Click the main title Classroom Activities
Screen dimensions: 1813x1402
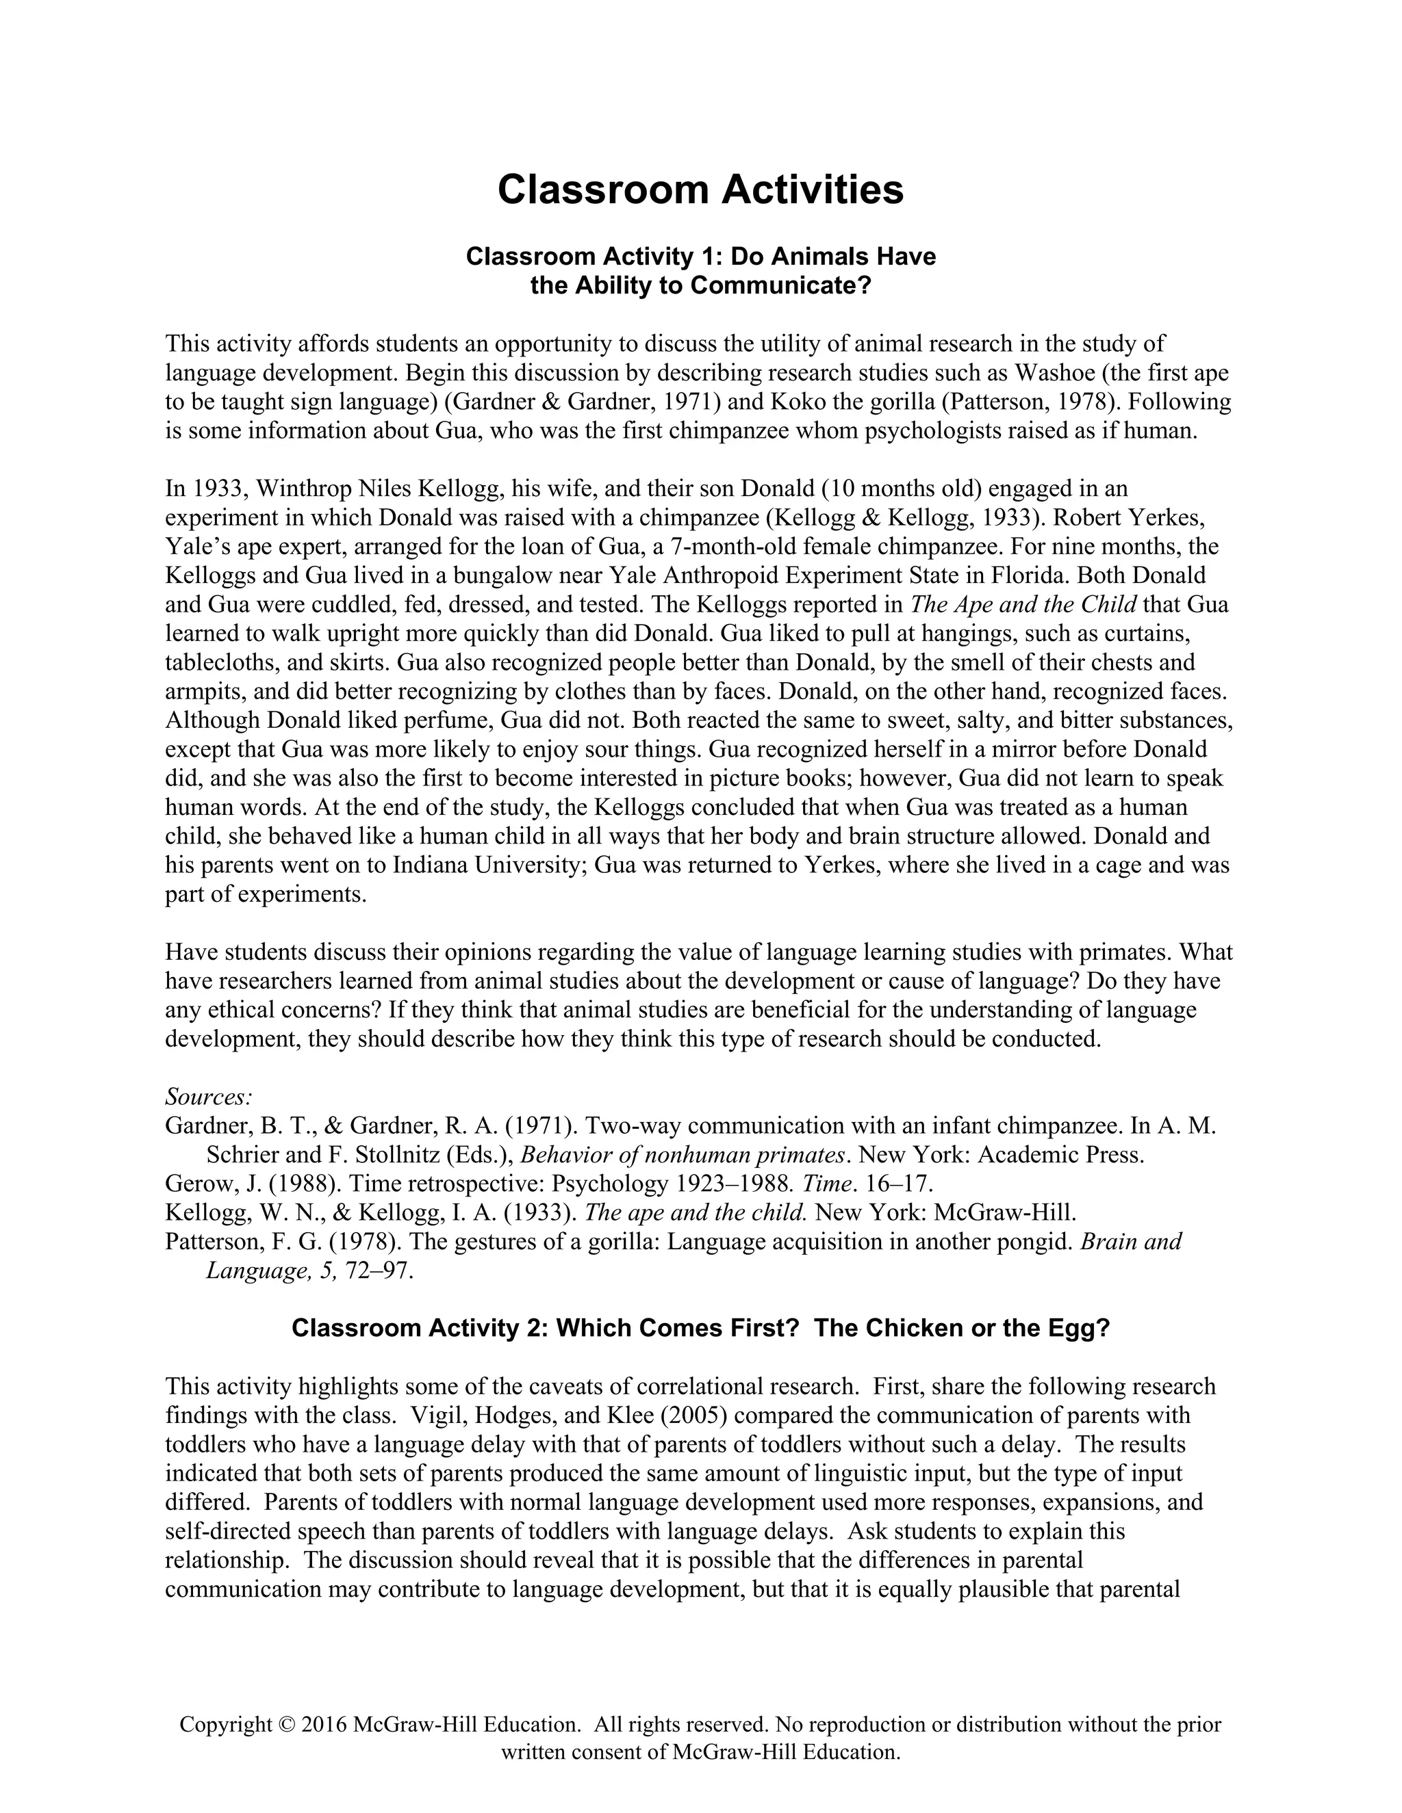[700, 190]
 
